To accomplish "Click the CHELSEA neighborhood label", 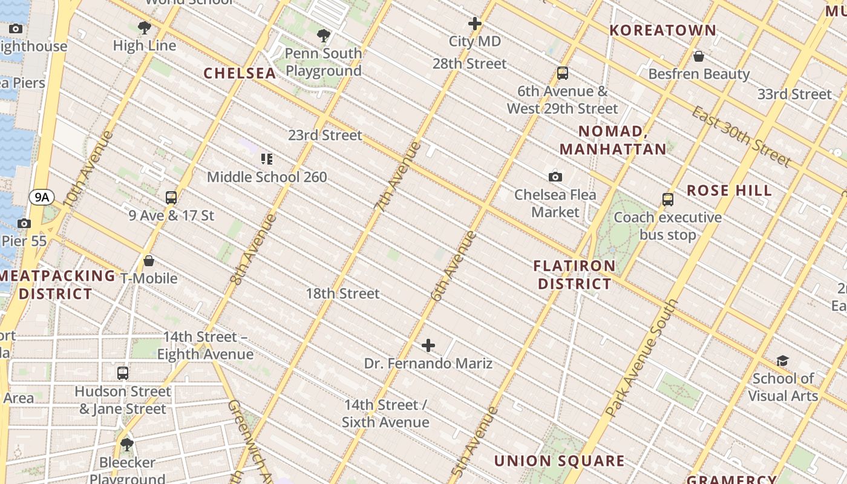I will tap(240, 73).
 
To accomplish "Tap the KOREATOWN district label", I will tap(662, 30).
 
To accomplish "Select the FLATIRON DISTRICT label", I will tap(574, 275).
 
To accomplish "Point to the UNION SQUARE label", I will tap(559, 461).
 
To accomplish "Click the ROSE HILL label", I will tap(729, 191).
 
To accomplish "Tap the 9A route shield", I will tap(42, 197).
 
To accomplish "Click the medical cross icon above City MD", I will tap(475, 24).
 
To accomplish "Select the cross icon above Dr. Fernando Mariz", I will tap(428, 345).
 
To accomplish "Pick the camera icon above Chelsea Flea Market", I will tap(555, 177).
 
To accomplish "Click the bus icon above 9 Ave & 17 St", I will tap(171, 197).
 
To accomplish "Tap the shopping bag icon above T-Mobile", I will tap(149, 261).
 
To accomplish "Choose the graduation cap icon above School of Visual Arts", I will tap(782, 361).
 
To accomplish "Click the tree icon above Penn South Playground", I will tap(324, 36).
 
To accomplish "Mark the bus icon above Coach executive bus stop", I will tap(668, 199).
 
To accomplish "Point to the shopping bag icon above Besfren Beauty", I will tap(699, 56).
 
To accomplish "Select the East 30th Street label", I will tap(741, 137).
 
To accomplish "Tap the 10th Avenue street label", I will tap(88, 169).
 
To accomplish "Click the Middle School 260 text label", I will tap(267, 177).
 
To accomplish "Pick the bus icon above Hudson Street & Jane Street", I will tap(123, 373).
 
